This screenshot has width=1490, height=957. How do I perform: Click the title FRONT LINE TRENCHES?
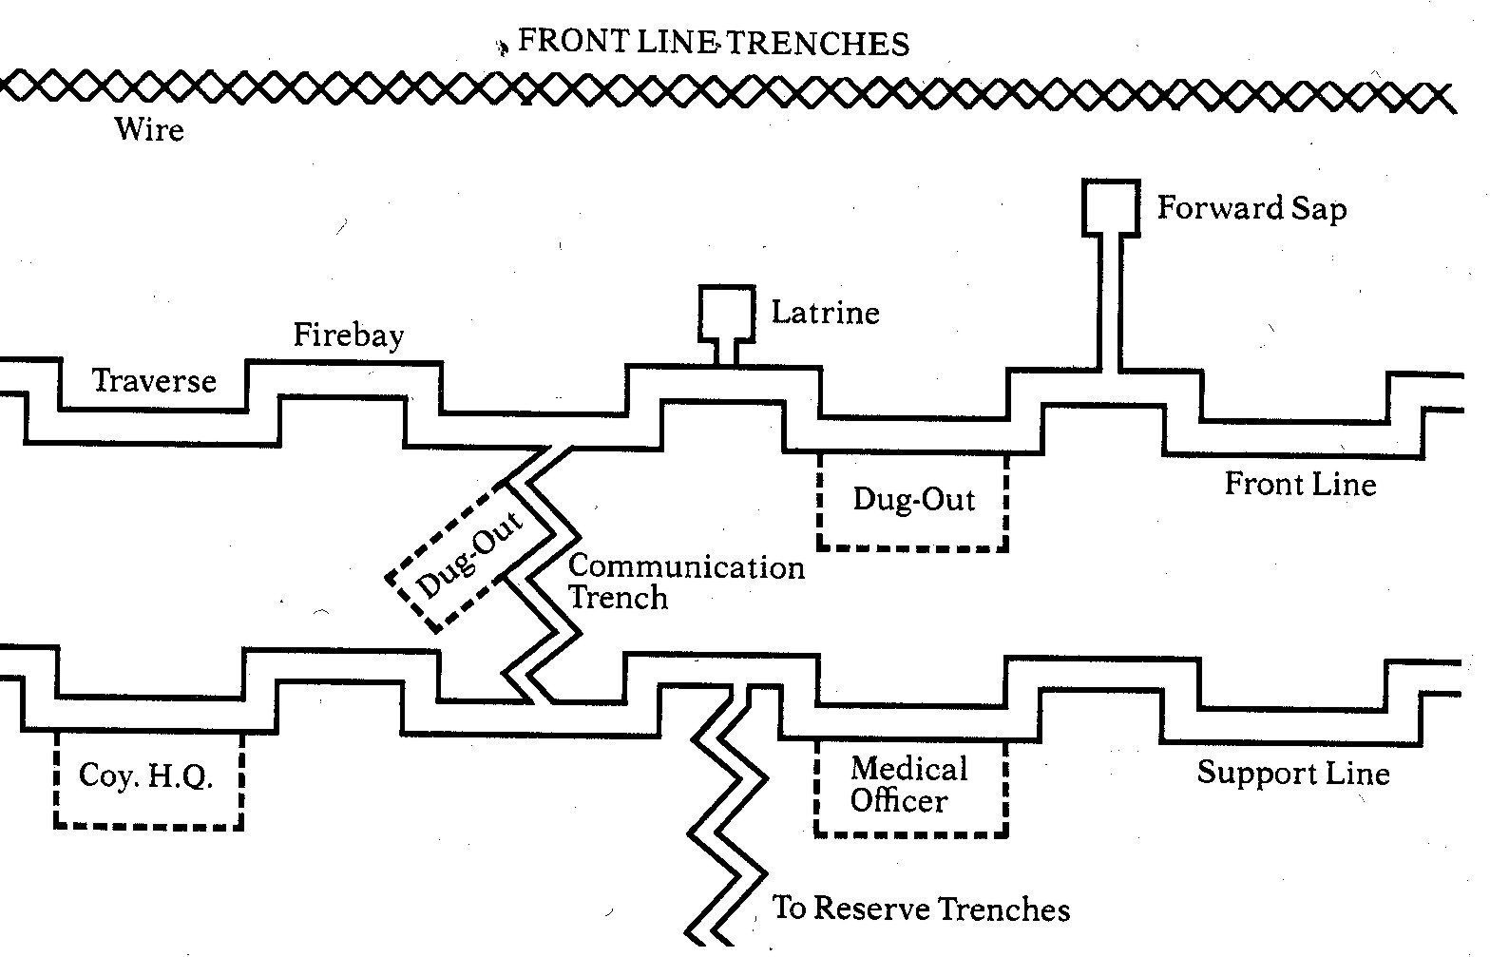click(x=713, y=43)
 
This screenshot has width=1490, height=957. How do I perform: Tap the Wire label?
click(x=149, y=128)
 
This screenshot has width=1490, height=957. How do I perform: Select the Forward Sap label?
click(x=1251, y=208)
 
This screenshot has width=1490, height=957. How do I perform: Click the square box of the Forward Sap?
click(x=1111, y=207)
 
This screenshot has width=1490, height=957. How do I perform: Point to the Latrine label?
click(x=825, y=312)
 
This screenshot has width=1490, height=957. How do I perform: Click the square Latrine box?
click(x=727, y=312)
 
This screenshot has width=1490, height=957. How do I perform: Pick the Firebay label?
click(x=348, y=335)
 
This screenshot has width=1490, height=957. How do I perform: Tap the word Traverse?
click(x=154, y=381)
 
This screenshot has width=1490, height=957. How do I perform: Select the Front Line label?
click(x=1299, y=485)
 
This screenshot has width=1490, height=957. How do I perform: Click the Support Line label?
click(x=1291, y=773)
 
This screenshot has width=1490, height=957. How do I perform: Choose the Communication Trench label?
click(x=684, y=582)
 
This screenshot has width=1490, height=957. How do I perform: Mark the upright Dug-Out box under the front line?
click(x=912, y=501)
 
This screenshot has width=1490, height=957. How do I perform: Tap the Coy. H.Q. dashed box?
click(x=147, y=779)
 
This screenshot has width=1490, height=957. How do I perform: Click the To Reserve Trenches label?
click(x=920, y=909)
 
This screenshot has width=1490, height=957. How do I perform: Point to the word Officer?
click(x=898, y=801)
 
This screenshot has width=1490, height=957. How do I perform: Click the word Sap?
click(x=1317, y=208)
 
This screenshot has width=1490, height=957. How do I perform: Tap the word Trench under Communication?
click(x=618, y=599)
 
